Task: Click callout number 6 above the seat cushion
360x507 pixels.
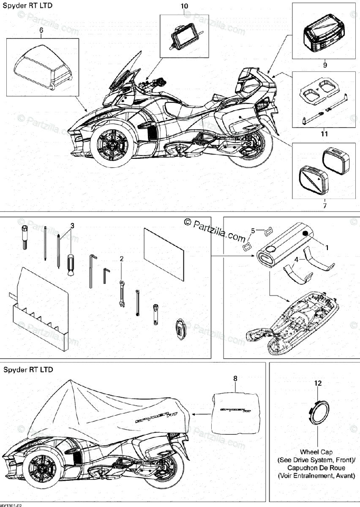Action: [41, 30]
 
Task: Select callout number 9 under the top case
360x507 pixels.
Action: [325, 65]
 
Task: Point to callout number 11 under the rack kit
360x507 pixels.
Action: [324, 134]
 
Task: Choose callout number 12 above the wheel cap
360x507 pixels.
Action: [318, 383]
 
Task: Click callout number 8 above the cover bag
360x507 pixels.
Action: [235, 379]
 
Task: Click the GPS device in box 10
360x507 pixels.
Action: [184, 37]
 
